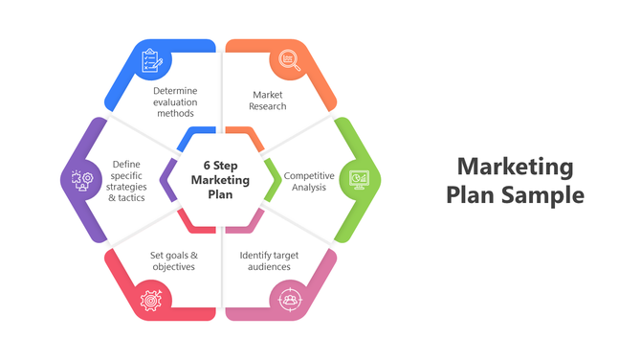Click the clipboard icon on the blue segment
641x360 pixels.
coord(151,61)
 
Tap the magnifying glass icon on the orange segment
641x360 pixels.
coord(289,61)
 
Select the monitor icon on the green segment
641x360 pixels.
coord(360,179)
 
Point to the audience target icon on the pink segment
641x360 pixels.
coord(289,299)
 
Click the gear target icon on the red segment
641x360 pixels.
coord(150,299)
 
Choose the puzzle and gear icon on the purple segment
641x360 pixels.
coord(80,179)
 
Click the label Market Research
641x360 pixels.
coord(269,101)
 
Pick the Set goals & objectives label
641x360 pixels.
coord(173,260)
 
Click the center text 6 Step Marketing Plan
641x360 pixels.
coord(220,179)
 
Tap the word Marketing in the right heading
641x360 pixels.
coord(515,168)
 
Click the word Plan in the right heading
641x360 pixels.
coord(471,195)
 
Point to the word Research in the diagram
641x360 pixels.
coord(269,106)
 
